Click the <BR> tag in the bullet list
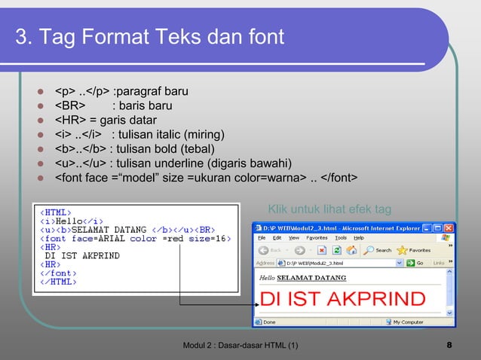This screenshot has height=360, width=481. tap(69, 106)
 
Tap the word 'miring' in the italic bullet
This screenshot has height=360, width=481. tap(201, 135)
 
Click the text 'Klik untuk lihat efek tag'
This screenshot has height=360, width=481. tap(329, 209)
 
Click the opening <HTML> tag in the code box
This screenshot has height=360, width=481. tap(54, 212)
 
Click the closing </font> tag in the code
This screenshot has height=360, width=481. tap(58, 273)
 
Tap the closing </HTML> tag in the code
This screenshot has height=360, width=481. tap(58, 282)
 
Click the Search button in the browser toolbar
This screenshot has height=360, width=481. tap(378, 250)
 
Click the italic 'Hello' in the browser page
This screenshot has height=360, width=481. tap(267, 278)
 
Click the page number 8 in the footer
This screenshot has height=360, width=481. tap(449, 346)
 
